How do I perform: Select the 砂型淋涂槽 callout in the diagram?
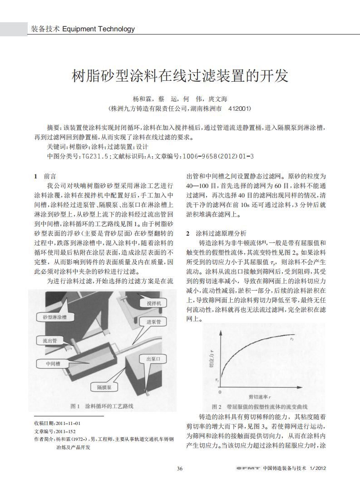pyautogui.click(x=54, y=317)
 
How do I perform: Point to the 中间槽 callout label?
pyautogui.click(x=53, y=364)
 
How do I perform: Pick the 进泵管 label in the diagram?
pyautogui.click(x=153, y=321)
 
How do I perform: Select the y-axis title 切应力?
pyautogui.click(x=212, y=359)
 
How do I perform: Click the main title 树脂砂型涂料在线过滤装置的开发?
pyautogui.click(x=180, y=75)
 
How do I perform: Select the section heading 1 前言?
pyautogui.click(x=45, y=176)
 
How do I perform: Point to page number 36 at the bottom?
pyautogui.click(x=180, y=469)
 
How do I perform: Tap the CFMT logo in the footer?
pyautogui.click(x=247, y=469)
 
